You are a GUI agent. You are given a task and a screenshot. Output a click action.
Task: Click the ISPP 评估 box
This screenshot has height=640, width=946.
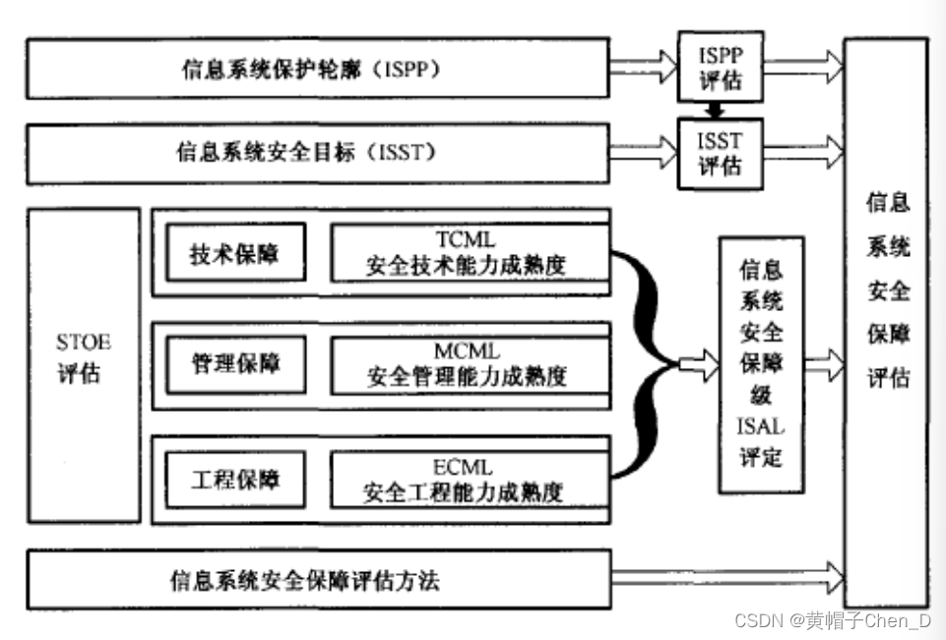(x=720, y=66)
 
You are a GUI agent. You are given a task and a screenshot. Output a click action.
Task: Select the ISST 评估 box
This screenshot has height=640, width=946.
(x=720, y=152)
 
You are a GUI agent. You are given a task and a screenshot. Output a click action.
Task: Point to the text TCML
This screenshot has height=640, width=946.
(x=466, y=239)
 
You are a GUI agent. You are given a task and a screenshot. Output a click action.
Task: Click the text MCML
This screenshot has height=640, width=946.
(x=467, y=351)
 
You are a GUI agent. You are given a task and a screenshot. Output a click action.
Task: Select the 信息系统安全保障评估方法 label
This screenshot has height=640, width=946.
(x=304, y=580)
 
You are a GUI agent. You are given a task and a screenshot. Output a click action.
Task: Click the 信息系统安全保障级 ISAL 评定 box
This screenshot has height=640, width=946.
(x=761, y=363)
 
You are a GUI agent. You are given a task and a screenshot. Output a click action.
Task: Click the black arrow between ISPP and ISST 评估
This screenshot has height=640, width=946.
(x=720, y=108)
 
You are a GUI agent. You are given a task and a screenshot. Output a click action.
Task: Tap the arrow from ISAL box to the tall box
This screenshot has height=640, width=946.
(x=824, y=363)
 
